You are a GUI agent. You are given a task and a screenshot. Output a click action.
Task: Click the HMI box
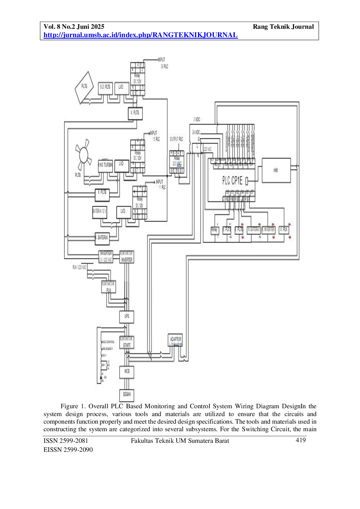click(x=276, y=170)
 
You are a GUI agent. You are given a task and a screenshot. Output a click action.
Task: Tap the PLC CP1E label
click(x=232, y=181)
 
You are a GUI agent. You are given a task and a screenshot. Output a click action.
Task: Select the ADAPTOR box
click(x=175, y=340)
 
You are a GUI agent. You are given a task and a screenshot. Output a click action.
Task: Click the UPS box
click(x=127, y=317)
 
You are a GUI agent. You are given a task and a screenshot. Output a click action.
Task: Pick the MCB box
click(x=127, y=372)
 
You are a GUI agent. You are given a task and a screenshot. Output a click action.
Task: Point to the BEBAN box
click(x=127, y=395)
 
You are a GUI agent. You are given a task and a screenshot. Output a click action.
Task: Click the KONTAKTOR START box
click(x=127, y=342)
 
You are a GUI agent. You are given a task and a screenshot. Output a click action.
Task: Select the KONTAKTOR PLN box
click(x=109, y=287)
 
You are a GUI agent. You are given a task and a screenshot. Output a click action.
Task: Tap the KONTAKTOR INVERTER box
click(x=127, y=257)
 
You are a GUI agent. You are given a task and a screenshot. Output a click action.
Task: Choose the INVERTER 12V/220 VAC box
click(x=106, y=257)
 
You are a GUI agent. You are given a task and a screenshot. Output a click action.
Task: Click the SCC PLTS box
click(x=105, y=87)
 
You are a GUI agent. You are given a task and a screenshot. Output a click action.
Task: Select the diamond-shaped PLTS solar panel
click(x=84, y=87)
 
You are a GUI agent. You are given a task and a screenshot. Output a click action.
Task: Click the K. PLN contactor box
click(x=284, y=230)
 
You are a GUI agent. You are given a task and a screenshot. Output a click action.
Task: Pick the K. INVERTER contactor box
click(x=269, y=230)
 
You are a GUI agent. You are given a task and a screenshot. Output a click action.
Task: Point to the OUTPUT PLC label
click(x=177, y=139)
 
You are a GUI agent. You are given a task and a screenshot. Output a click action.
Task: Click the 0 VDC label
click(x=197, y=119)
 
